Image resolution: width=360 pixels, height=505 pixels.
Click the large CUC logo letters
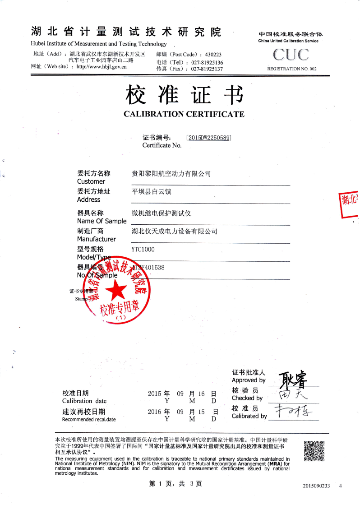[x=291, y=55]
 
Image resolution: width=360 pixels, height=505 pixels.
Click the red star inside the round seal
[x=118, y=289]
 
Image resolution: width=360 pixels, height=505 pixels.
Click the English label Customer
[x=91, y=181]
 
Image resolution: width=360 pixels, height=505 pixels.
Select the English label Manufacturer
[x=97, y=238]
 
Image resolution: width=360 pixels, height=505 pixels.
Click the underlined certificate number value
[x=208, y=139]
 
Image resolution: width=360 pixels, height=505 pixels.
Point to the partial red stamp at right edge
[x=349, y=205]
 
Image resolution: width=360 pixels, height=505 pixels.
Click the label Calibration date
[x=85, y=401]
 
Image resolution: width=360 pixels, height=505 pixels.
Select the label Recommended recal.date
[x=89, y=419]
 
